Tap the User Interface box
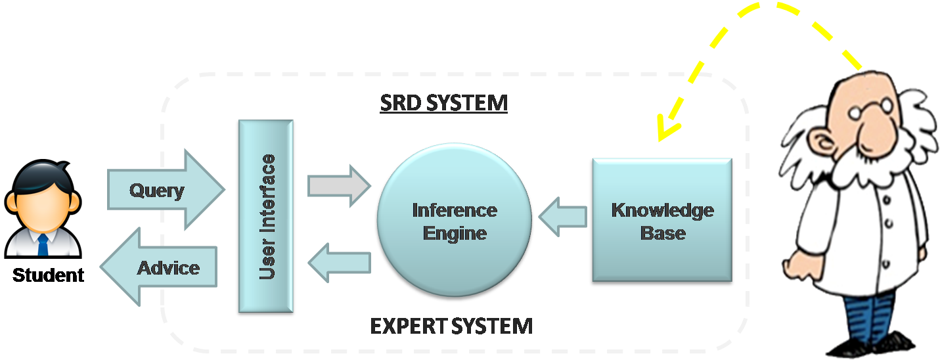click(265, 217)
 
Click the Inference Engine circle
click(454, 221)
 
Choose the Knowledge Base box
click(662, 221)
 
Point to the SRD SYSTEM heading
click(443, 103)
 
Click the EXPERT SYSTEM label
click(451, 325)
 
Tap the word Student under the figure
click(49, 275)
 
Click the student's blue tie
click(43, 245)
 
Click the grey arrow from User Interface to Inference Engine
click(339, 186)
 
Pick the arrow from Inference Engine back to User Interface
click(339, 263)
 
